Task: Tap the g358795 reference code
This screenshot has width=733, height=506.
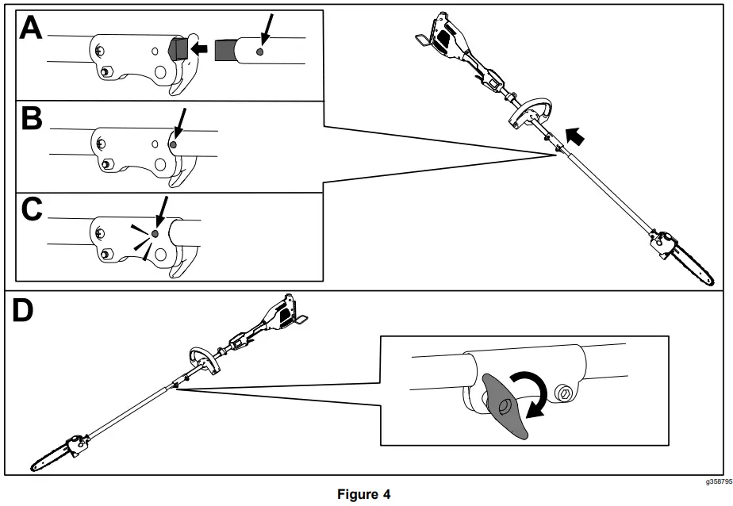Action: coord(716,481)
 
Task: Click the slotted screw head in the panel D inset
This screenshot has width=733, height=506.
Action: coord(564,393)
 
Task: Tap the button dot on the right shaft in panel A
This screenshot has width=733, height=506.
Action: coord(260,51)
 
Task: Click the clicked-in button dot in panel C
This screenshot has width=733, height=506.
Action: coord(156,232)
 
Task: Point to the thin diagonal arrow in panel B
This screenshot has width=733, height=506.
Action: coord(182,124)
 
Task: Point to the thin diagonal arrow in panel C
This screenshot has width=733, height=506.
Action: coord(162,212)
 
